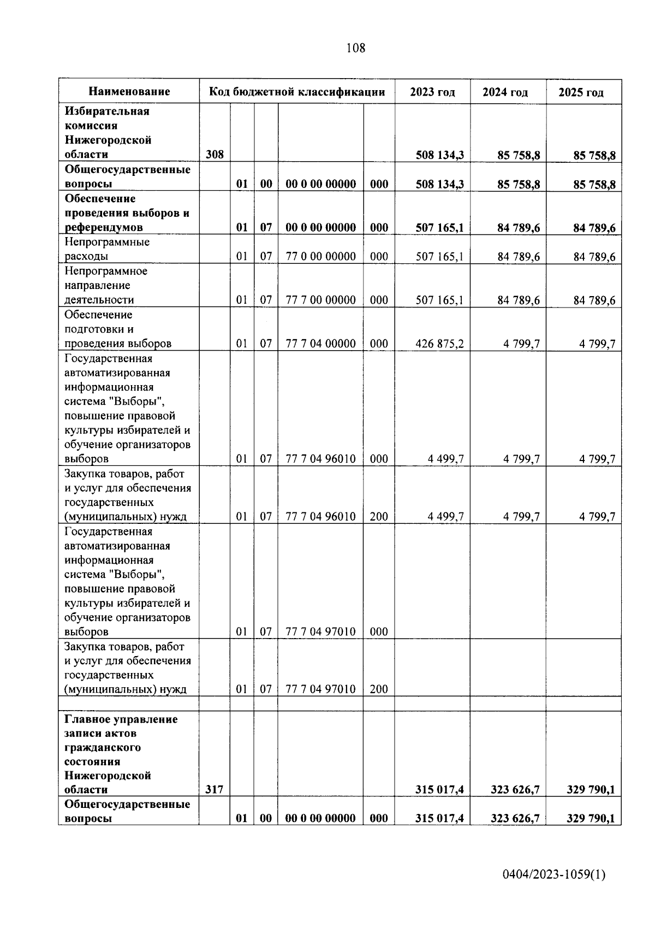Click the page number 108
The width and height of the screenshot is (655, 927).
pos(356,48)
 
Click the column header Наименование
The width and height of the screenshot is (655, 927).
pos(129,92)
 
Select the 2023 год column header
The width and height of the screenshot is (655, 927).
pos(432,92)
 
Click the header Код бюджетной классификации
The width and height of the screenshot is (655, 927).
pos(297,92)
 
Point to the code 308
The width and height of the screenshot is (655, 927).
pos(215,155)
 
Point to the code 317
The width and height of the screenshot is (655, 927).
pos(215,789)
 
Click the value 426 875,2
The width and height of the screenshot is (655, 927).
pos(439,344)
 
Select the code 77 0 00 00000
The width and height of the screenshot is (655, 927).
pos(320,256)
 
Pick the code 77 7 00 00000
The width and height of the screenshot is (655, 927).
pos(320,300)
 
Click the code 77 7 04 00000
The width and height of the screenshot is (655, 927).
pos(320,344)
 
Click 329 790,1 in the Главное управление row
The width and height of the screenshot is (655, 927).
pos(591,789)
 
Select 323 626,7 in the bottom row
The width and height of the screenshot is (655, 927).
pos(515,818)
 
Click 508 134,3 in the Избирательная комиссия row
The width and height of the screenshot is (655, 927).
pos(439,155)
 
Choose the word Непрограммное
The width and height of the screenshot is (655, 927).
pos(106,271)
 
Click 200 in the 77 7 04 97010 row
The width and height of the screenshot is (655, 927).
pos(379,689)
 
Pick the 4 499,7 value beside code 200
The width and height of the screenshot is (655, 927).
pos(446,516)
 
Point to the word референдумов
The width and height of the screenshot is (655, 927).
pos(104,227)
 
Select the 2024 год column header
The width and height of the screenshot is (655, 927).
pos(505,92)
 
